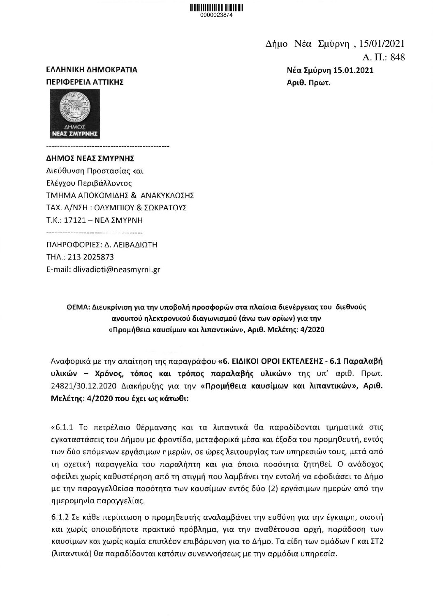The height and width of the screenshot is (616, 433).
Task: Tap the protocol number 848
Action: [x=397, y=57]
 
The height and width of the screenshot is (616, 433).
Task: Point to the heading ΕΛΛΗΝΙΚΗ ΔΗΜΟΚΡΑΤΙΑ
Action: [x=91, y=70]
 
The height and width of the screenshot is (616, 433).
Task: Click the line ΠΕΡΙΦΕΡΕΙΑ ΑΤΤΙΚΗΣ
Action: [x=84, y=82]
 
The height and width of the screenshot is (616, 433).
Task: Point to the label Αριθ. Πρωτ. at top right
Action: [x=309, y=82]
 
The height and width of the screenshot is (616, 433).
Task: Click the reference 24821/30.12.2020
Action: [x=77, y=387]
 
